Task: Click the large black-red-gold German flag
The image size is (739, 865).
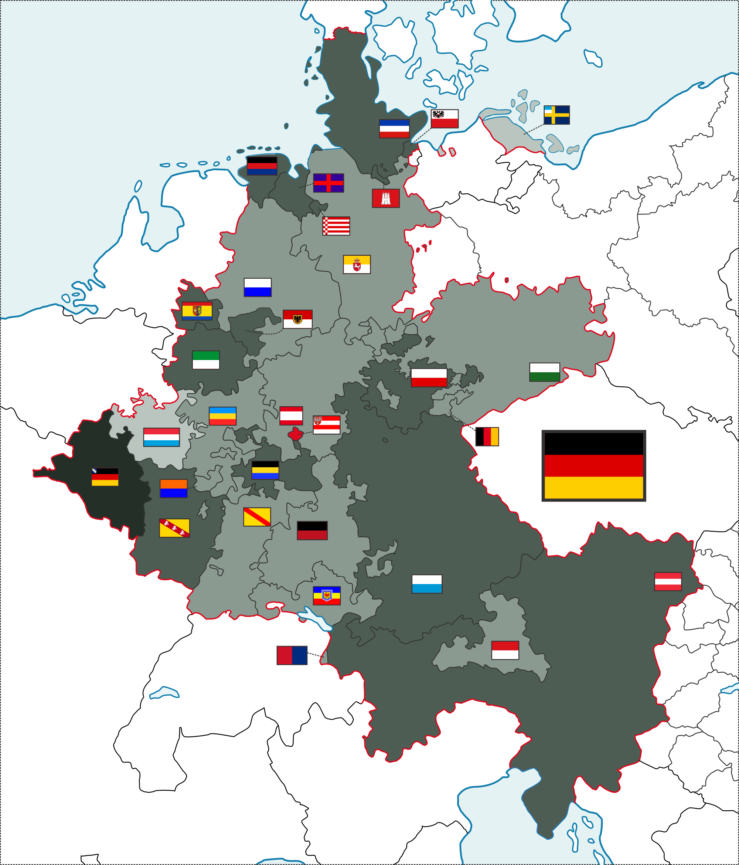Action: (593, 465)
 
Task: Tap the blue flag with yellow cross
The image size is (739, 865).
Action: (556, 115)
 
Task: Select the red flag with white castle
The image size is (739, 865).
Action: (385, 198)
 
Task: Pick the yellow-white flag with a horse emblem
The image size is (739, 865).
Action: (357, 264)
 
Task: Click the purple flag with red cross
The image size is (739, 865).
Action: (328, 183)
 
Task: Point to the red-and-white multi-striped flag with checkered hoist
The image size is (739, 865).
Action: (336, 226)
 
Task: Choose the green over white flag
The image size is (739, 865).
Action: (206, 360)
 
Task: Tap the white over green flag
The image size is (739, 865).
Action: (545, 372)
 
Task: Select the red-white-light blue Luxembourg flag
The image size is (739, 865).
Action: (161, 437)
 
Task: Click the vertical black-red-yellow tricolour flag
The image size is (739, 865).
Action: (487, 437)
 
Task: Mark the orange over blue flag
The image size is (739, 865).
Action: (174, 488)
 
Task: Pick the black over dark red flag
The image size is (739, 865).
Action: (312, 530)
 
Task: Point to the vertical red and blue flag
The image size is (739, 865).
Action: (292, 655)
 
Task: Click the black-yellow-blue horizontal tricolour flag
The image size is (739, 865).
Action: (265, 470)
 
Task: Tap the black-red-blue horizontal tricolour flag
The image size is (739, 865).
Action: (262, 166)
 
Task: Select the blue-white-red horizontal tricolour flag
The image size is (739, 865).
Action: (394, 129)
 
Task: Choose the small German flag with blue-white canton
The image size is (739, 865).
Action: (105, 477)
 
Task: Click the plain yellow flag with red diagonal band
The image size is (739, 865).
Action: (257, 517)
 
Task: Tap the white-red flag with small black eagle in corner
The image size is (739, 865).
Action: (445, 119)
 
